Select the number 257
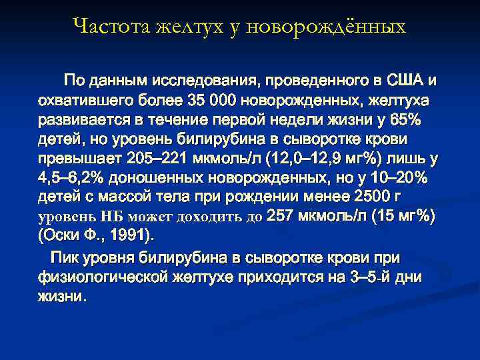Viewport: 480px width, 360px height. coord(283,217)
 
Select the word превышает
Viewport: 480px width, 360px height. coord(73,159)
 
